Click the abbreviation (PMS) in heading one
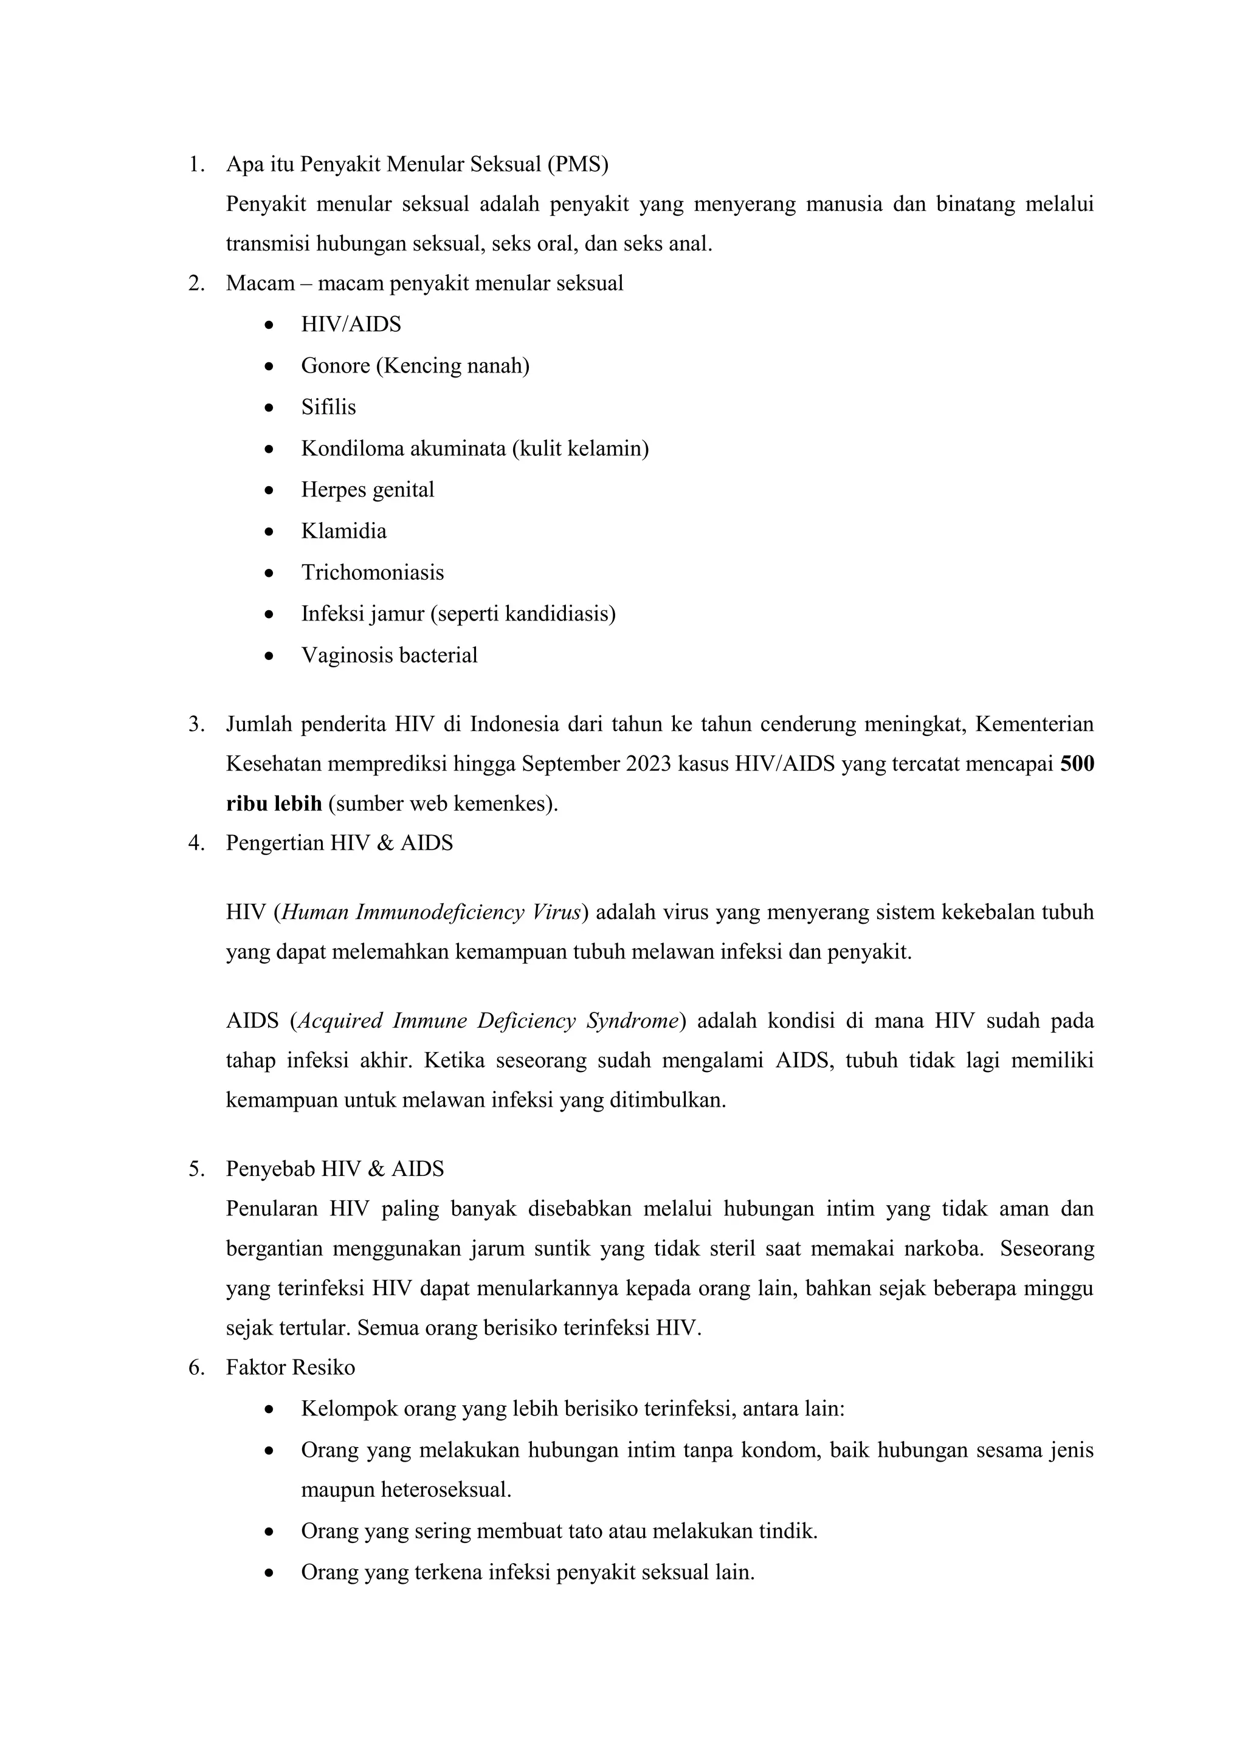tap(578, 164)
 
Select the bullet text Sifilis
tap(328, 407)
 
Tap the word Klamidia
tap(343, 531)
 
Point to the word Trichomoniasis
tap(373, 572)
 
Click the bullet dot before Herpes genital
tap(268, 490)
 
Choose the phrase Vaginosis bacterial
tap(390, 655)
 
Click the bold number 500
tap(1077, 765)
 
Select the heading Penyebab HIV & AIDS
tap(335, 1169)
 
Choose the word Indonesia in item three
tap(514, 724)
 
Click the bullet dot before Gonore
tap(268, 366)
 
